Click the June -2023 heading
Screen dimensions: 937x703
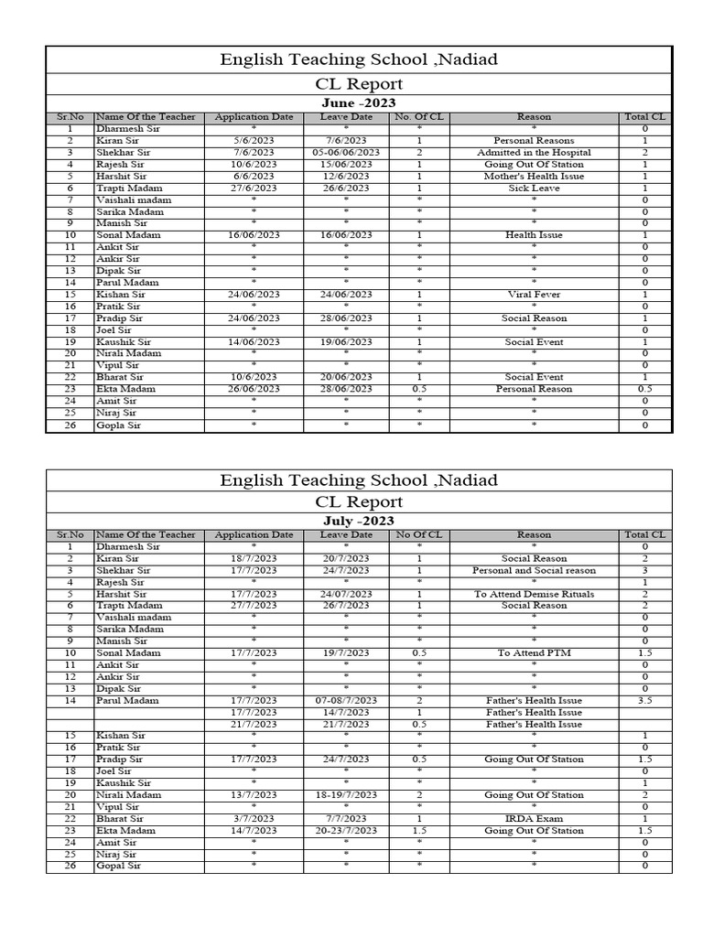tap(359, 102)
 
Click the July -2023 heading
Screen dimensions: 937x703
tap(359, 521)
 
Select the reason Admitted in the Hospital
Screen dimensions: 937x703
tap(534, 153)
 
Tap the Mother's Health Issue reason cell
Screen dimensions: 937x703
tap(534, 176)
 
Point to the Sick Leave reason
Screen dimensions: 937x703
tap(534, 188)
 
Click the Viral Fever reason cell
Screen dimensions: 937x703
tap(534, 295)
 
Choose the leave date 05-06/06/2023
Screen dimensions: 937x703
tap(346, 153)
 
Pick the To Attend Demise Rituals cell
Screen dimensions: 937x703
tap(534, 594)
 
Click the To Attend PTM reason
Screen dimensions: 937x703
tap(534, 653)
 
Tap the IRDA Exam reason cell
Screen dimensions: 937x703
tap(534, 819)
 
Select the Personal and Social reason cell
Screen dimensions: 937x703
tap(534, 570)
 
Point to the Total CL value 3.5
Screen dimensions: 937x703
tap(644, 701)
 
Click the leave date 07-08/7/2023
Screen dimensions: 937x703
tap(346, 701)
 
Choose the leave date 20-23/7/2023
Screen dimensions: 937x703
tap(346, 831)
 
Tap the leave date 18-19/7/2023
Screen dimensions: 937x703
tap(346, 795)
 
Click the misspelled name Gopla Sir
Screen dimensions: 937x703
tap(119, 425)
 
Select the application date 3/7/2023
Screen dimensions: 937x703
tap(254, 819)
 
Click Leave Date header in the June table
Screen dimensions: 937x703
tap(346, 117)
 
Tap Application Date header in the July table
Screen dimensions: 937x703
tap(254, 534)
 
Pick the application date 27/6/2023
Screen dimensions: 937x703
tap(254, 188)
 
